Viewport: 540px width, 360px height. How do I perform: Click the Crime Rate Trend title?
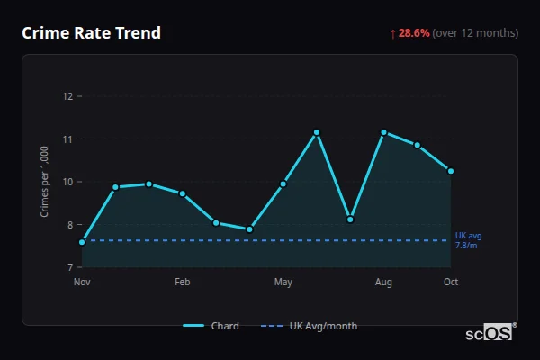coord(91,33)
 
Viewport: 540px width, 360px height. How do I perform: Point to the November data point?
coord(82,242)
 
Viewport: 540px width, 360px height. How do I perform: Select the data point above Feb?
coord(183,193)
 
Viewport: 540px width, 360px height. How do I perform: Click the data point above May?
coord(283,184)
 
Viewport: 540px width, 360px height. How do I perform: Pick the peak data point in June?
coord(317,132)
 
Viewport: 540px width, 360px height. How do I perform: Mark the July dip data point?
coord(350,220)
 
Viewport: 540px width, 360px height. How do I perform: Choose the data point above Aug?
coord(383,132)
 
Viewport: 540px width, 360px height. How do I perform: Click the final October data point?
coord(451,171)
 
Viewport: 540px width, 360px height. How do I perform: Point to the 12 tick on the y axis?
coord(67,96)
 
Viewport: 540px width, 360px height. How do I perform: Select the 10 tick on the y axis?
coord(67,182)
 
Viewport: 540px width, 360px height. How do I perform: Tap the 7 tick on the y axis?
coord(69,267)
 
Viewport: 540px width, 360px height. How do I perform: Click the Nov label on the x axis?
coord(82,283)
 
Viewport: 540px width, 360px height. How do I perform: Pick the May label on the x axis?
coord(283,283)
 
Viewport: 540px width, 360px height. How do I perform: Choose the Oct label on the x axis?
coord(451,283)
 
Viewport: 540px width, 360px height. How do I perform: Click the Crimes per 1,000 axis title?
coord(44,182)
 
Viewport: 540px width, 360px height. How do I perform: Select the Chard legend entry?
coord(211,326)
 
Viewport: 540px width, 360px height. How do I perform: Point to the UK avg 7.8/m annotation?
coord(468,240)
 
